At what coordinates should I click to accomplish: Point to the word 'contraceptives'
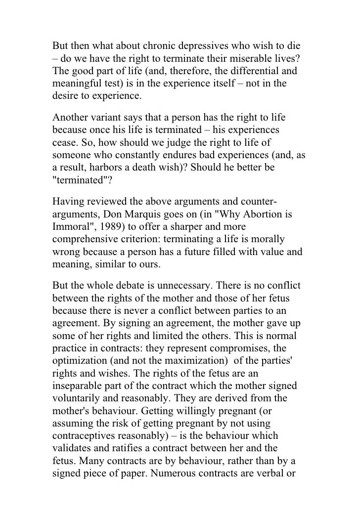(86, 435)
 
